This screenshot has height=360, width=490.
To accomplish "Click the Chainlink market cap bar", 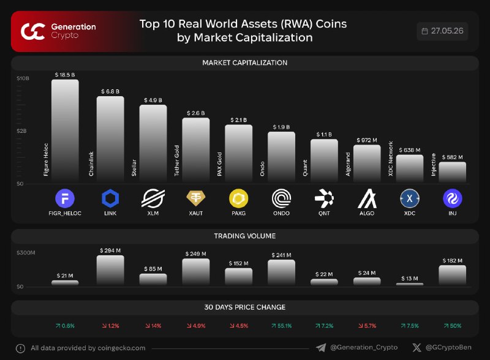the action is [x=110, y=139].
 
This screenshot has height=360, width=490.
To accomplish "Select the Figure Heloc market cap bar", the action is [x=65, y=130].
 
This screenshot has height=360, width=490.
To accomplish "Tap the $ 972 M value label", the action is [x=367, y=140].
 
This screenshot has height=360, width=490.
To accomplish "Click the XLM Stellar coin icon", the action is [x=153, y=198].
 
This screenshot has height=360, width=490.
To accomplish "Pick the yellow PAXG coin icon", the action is [x=238, y=198].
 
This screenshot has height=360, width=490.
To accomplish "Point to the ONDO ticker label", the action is [x=281, y=214].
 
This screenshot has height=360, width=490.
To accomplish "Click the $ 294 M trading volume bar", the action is [x=110, y=270].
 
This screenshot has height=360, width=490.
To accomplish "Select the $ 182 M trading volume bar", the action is [x=452, y=275].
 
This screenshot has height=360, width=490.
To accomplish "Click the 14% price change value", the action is [x=153, y=326].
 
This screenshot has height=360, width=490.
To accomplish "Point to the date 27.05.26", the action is [x=447, y=31].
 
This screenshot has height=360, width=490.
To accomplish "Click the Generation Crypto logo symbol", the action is [x=33, y=32].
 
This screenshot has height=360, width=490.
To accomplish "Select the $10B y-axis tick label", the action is [x=23, y=78].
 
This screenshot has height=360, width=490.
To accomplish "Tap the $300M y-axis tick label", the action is [x=26, y=252].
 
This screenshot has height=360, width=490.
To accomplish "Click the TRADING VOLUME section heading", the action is [x=244, y=236].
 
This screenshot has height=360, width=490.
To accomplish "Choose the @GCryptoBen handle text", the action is [x=448, y=347].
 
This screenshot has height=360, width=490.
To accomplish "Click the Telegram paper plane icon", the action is [x=321, y=348].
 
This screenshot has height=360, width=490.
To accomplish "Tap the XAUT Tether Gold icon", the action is [x=196, y=198].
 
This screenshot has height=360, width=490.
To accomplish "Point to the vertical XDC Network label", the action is [x=390, y=159].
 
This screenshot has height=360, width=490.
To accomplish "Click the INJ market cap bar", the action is [x=452, y=172].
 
